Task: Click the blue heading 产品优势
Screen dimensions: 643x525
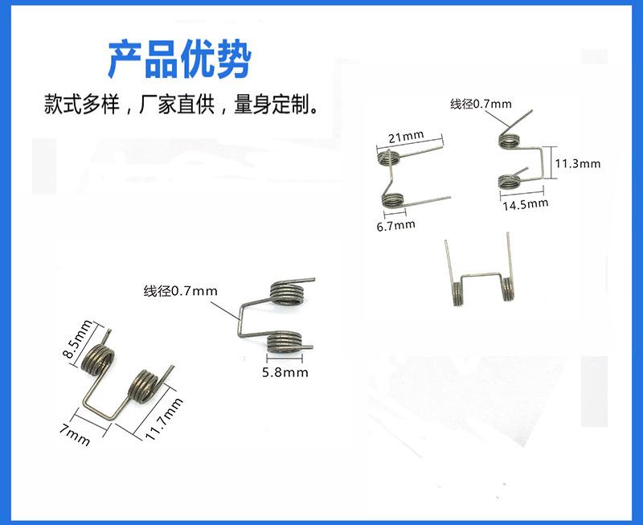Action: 180,57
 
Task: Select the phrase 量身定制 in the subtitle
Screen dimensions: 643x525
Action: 273,105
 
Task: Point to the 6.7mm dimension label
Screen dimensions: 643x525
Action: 395,224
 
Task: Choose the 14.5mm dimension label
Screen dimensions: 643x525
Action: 525,203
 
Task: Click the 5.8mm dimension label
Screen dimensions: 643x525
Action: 285,372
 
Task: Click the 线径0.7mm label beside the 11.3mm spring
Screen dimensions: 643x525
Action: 481,105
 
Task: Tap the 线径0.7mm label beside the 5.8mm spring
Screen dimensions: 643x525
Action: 181,290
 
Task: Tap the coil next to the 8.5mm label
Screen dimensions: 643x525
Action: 97,358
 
